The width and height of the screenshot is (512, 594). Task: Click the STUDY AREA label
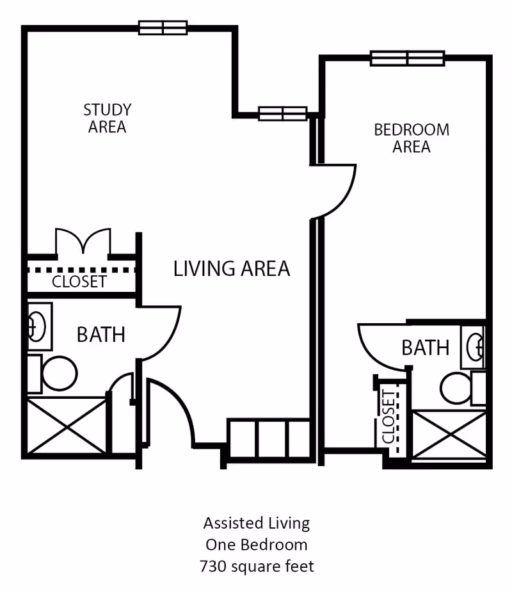tap(107, 118)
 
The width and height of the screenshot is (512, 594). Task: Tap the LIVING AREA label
tap(232, 268)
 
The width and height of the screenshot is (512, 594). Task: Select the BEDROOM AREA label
tap(412, 138)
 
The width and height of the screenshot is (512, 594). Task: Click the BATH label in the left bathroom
tap(100, 334)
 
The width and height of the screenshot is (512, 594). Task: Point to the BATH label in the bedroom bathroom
tap(425, 348)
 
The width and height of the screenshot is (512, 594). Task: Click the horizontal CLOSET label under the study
tap(79, 282)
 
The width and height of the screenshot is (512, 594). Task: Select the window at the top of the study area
tap(163, 28)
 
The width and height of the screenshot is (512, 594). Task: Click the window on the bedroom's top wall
tap(407, 58)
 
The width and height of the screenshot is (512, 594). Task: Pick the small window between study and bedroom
tap(282, 113)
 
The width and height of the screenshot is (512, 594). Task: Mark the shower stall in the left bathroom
tap(66, 426)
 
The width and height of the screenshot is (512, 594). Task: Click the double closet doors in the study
tap(83, 242)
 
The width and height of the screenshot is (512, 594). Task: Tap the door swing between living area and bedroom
tap(334, 191)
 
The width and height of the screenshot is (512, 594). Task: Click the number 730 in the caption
tap(212, 566)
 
